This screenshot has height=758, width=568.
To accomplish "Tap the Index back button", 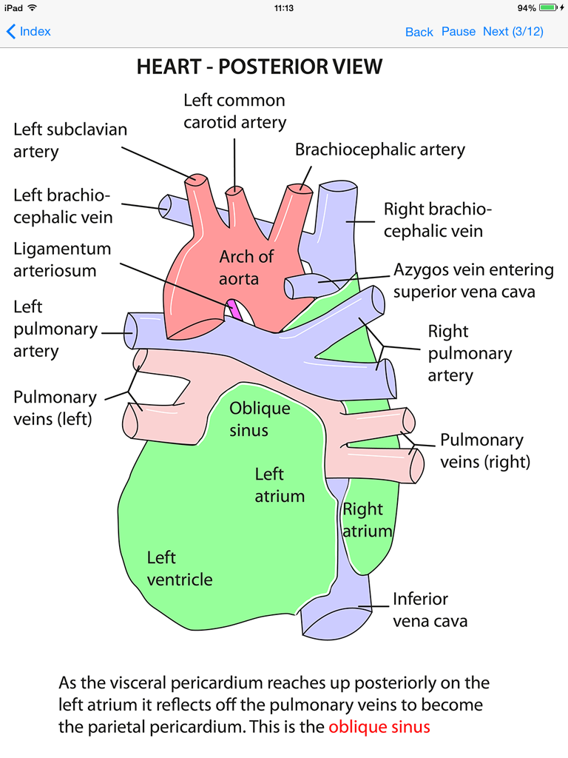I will tap(29, 31).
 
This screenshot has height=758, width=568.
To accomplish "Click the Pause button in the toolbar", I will tap(459, 31).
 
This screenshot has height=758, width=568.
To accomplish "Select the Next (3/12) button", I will tap(513, 31).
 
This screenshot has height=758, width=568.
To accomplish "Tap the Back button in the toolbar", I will tap(419, 32).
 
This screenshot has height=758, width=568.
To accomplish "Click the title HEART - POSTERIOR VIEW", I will tap(260, 67).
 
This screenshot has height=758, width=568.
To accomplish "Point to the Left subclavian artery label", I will tap(70, 140).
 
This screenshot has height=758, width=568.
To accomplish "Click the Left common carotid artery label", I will tap(234, 110).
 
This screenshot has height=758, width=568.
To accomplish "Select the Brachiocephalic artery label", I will tap(380, 150).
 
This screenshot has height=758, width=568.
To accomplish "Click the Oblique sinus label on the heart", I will tap(259, 419).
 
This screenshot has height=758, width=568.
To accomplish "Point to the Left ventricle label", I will tap(179, 568).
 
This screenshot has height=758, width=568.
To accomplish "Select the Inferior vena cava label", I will tap(430, 609).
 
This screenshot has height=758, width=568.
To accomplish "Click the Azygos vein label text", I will tap(473, 281).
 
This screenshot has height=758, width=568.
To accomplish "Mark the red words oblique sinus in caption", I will tap(379, 727).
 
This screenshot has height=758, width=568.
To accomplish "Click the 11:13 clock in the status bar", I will tap(284, 7).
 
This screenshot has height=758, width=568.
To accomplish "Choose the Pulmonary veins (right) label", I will tap(486, 451).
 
